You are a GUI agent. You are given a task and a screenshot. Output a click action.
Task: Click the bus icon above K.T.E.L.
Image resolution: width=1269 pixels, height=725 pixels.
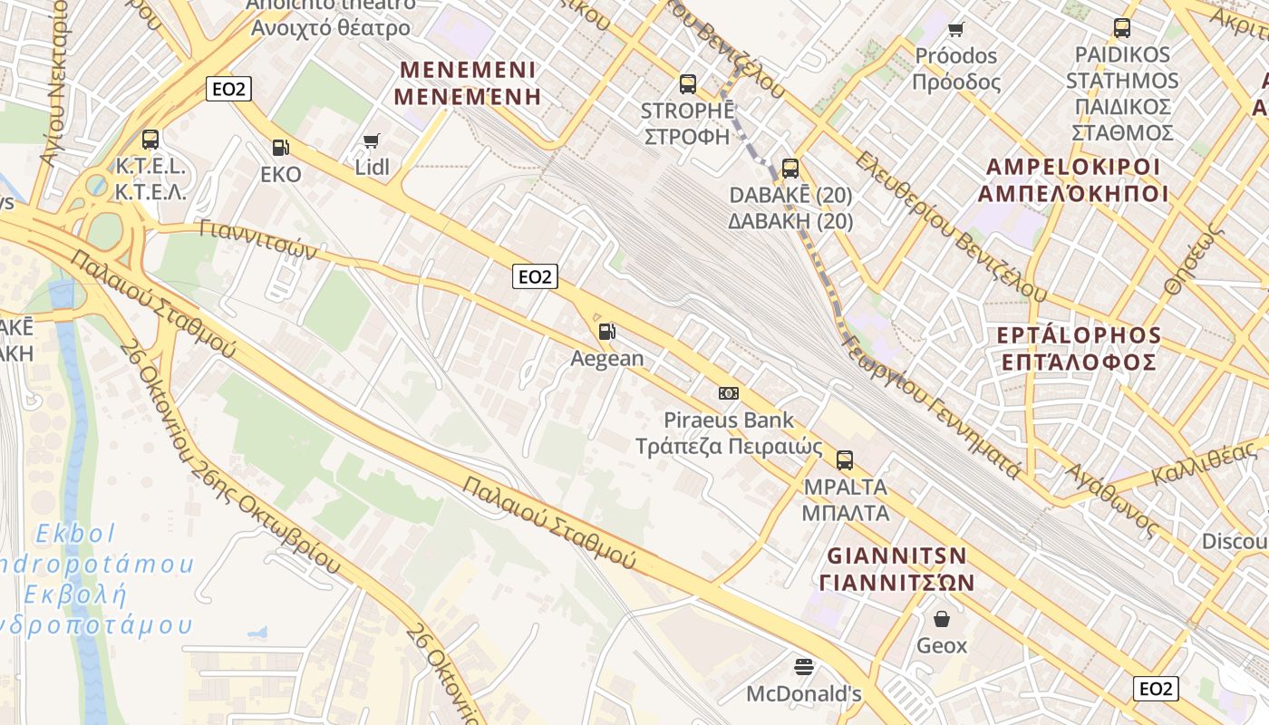coord(150,140)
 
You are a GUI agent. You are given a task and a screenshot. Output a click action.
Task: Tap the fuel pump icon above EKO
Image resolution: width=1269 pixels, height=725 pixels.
coord(281,147)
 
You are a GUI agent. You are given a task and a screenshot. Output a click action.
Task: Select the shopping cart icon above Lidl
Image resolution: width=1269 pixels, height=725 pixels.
coord(371,140)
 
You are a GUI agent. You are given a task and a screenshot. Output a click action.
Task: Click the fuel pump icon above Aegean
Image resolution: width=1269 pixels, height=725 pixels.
coord(607,332)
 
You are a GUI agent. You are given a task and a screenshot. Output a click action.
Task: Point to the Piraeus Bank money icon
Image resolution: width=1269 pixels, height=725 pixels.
coord(728,393)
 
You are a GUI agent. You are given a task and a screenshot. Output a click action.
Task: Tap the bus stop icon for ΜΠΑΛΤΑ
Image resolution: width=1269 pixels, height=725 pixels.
coord(845,459)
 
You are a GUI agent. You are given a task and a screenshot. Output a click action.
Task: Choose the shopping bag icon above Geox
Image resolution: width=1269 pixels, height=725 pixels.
coord(942,619)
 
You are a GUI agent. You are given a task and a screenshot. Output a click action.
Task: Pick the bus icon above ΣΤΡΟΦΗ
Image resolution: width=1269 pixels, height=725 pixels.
coord(688,84)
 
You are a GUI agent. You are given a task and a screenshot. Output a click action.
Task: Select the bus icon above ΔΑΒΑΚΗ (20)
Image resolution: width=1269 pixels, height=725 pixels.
coord(790,168)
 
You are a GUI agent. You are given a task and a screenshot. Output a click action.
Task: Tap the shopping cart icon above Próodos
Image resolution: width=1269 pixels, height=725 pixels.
coord(955,29)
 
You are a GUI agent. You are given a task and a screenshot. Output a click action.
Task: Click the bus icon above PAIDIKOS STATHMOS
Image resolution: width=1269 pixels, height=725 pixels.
coord(1122,28)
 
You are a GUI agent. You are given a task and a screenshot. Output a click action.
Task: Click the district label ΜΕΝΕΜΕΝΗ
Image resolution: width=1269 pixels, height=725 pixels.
coord(470,96)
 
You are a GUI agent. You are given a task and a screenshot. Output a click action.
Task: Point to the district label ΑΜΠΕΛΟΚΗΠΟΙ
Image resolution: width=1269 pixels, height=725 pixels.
coord(1071,193)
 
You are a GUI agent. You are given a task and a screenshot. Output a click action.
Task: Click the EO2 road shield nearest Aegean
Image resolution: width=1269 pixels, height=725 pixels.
coord(534,276)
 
